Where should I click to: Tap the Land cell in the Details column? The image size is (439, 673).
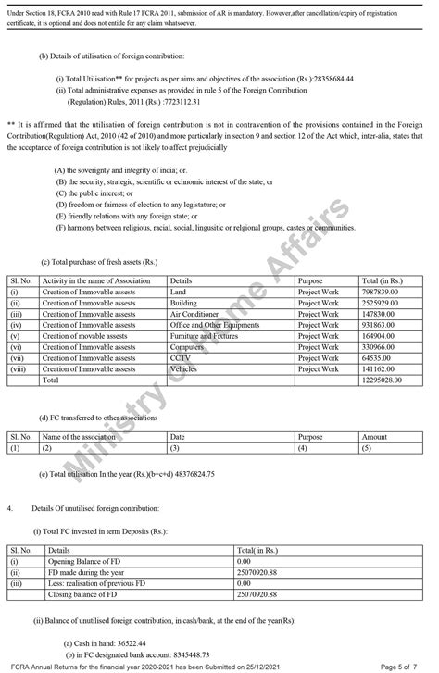[x=179, y=292]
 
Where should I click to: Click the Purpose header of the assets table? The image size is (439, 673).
[x=311, y=279]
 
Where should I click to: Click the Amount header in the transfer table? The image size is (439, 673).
[x=374, y=436]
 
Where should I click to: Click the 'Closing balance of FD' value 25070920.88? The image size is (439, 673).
[x=257, y=592]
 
